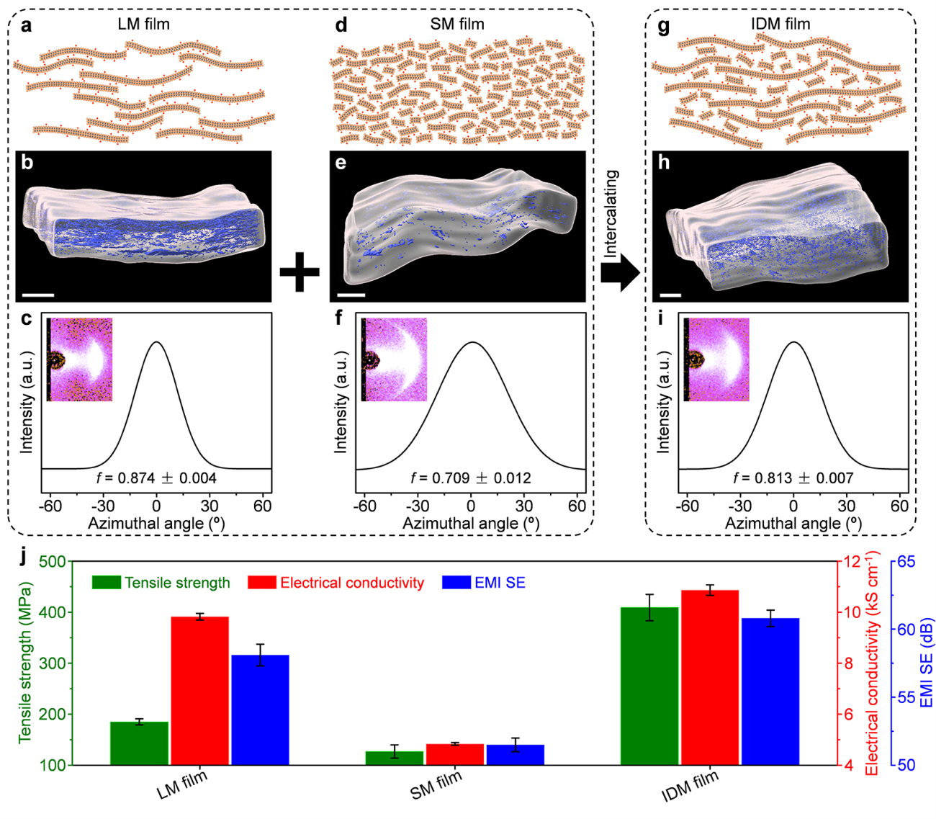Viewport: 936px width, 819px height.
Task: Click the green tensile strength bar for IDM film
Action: pos(649,686)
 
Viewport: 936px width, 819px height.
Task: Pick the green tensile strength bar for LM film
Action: pos(139,743)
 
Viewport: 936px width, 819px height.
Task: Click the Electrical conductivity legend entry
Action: pos(336,583)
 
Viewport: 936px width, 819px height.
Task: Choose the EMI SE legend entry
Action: pos(484,583)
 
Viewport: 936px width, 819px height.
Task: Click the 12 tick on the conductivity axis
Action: pos(852,561)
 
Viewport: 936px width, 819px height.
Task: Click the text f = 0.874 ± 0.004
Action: pos(156,478)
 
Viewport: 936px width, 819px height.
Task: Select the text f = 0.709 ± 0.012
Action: pos(471,478)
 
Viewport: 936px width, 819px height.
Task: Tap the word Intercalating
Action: pos(611,214)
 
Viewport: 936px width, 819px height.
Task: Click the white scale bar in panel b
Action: pos(38,294)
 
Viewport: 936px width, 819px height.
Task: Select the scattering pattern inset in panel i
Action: pos(716,359)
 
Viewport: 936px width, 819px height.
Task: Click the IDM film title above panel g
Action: pos(780,24)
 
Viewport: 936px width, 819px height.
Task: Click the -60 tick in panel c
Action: pos(50,506)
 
